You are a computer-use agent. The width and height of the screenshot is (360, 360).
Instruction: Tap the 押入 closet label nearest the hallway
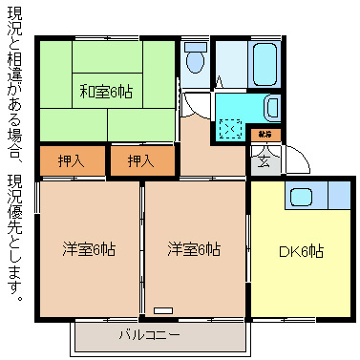[x=140, y=160]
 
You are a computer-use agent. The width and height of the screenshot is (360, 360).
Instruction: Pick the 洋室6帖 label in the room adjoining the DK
[x=195, y=249]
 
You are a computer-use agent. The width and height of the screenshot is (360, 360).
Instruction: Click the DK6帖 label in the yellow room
[x=300, y=252]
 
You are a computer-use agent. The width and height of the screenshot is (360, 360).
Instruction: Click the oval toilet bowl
[x=195, y=63]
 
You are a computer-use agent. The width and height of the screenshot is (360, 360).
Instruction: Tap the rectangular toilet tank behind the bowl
[x=195, y=46]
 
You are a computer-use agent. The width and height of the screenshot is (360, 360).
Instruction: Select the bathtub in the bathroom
[x=263, y=63]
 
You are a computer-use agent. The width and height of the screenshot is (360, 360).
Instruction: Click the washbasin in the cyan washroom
[x=271, y=107]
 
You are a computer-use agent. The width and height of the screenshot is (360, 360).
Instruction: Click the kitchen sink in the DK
[x=303, y=197]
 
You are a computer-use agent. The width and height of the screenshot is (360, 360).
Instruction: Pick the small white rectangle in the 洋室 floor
[x=162, y=311]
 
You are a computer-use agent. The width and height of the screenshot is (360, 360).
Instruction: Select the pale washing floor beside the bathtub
[x=229, y=63]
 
